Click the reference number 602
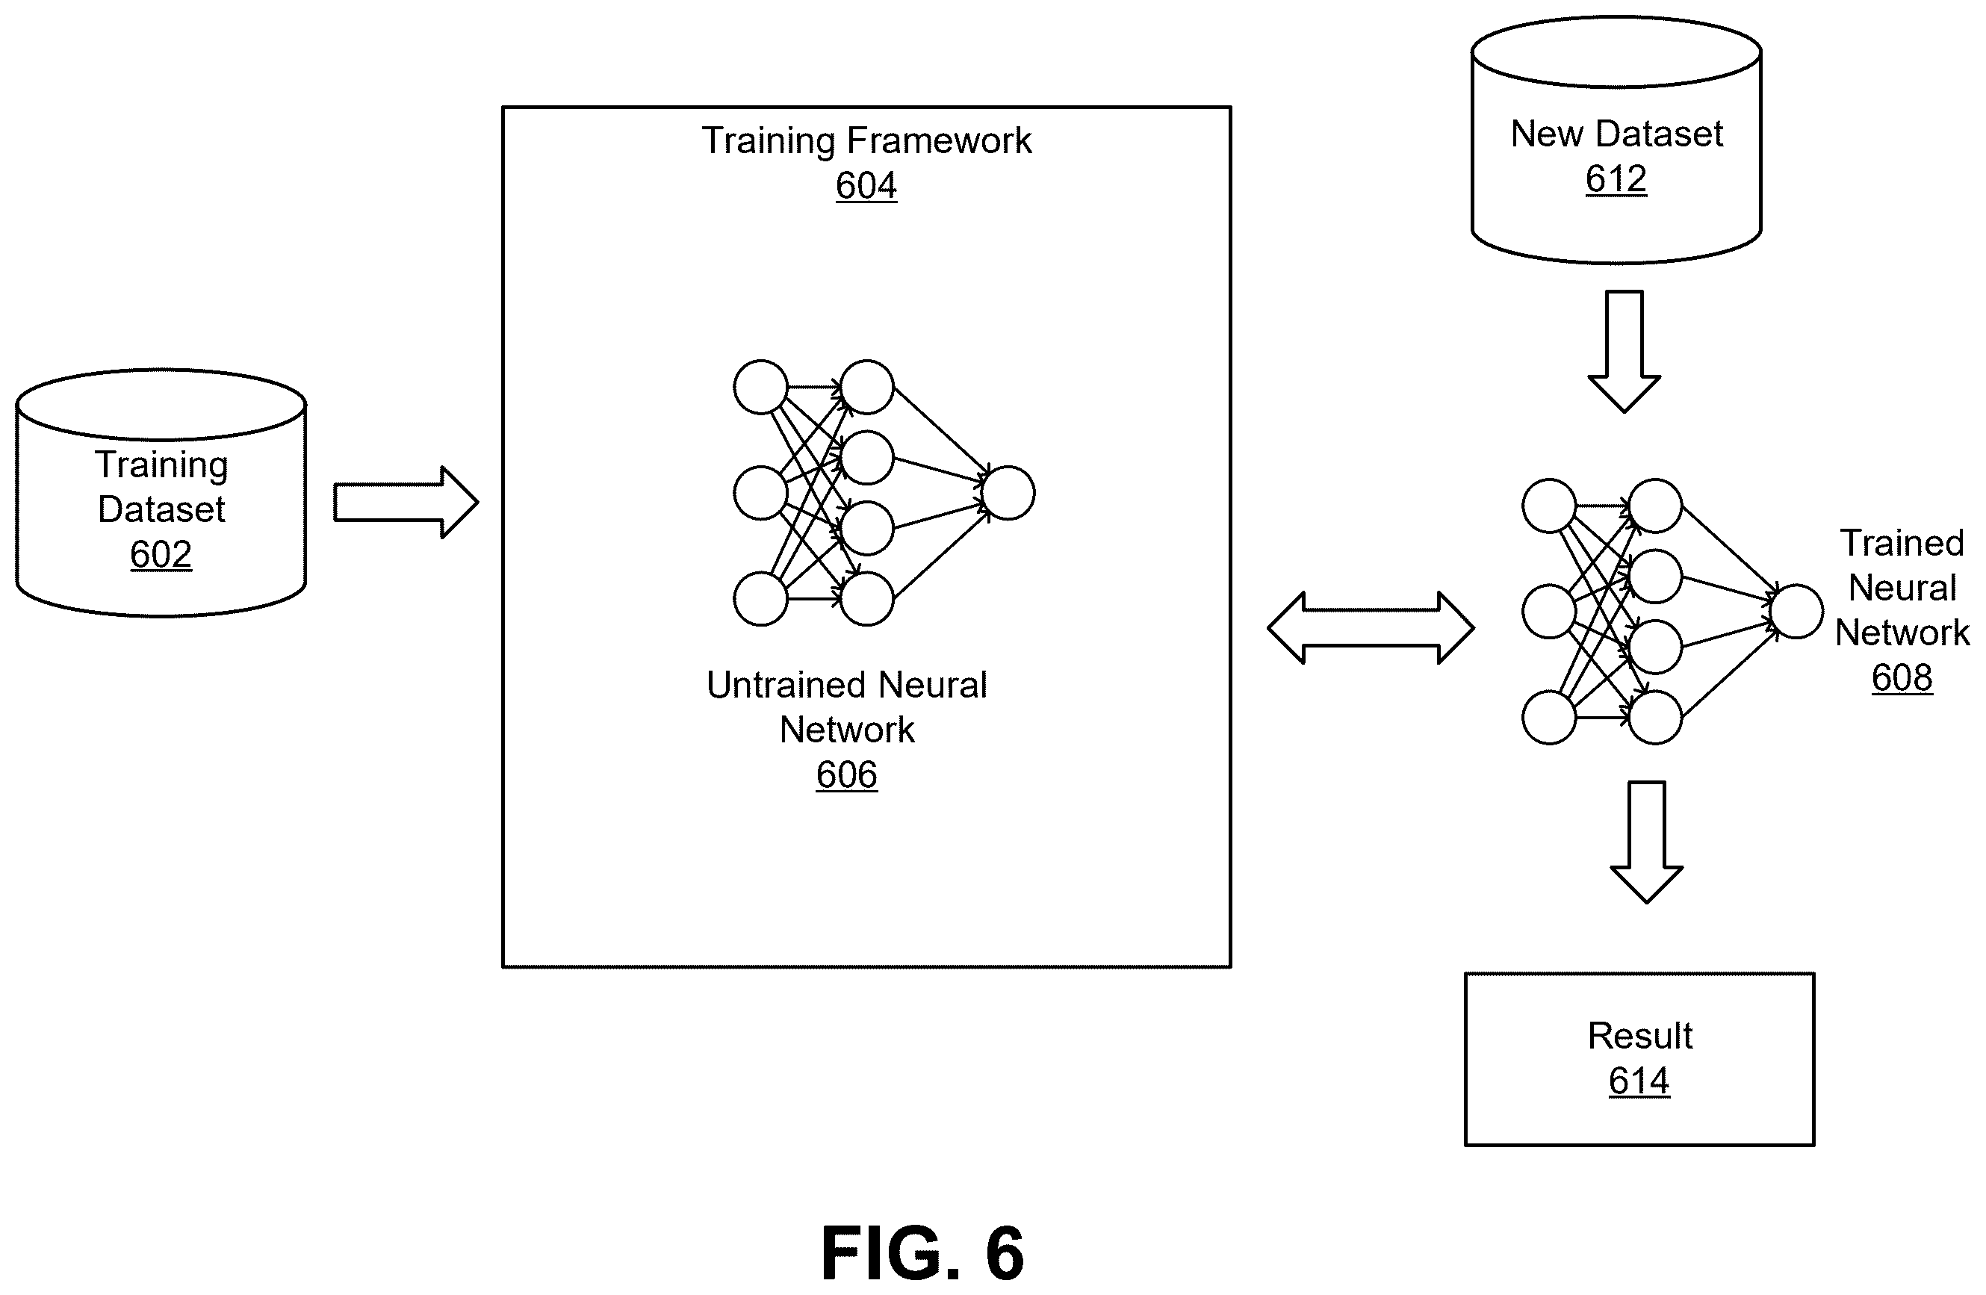point(161,554)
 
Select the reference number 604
point(866,185)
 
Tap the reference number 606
point(846,775)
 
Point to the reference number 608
point(1902,677)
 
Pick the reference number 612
point(1616,179)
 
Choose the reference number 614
point(1639,1081)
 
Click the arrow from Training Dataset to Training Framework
point(406,503)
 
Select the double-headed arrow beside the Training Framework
point(1370,628)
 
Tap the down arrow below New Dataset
point(1624,351)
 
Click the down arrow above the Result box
point(1646,842)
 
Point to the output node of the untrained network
point(1008,493)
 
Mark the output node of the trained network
point(1796,612)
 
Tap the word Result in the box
point(1639,1037)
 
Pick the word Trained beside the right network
point(1902,543)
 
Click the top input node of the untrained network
point(760,387)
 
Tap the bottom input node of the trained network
point(1549,718)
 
